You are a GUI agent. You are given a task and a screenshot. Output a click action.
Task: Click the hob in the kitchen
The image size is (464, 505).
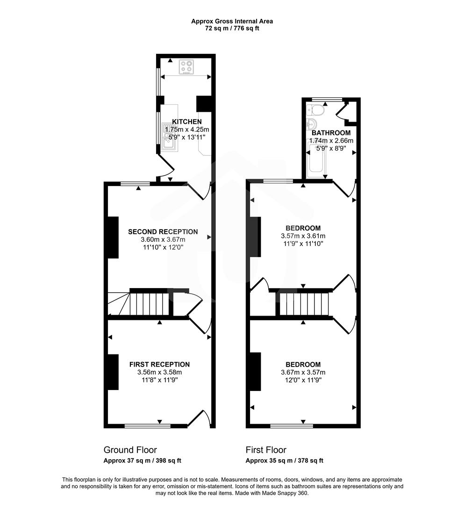186,67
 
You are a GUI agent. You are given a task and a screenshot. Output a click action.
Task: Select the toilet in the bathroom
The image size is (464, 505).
316,110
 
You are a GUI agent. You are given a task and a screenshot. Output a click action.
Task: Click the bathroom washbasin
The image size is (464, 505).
311,125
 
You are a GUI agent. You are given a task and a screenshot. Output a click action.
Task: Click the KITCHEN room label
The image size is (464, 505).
186,122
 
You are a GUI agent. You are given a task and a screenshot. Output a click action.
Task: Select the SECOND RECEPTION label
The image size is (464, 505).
163,231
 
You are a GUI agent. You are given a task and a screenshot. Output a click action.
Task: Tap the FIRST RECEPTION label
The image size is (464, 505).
159,364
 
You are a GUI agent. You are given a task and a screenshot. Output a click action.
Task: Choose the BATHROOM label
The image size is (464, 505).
331,133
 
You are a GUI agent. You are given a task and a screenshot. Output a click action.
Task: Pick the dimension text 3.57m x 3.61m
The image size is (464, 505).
303,236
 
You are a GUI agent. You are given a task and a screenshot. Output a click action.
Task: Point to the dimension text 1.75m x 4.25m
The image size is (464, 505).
186,129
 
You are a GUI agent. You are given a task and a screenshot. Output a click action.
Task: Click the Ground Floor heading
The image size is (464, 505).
130,450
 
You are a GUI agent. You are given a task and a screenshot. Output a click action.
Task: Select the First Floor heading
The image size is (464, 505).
266,450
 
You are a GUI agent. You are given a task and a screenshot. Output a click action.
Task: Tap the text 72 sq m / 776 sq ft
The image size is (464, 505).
232,29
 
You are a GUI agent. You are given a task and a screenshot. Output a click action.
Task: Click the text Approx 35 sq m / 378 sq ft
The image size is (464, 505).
284,461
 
